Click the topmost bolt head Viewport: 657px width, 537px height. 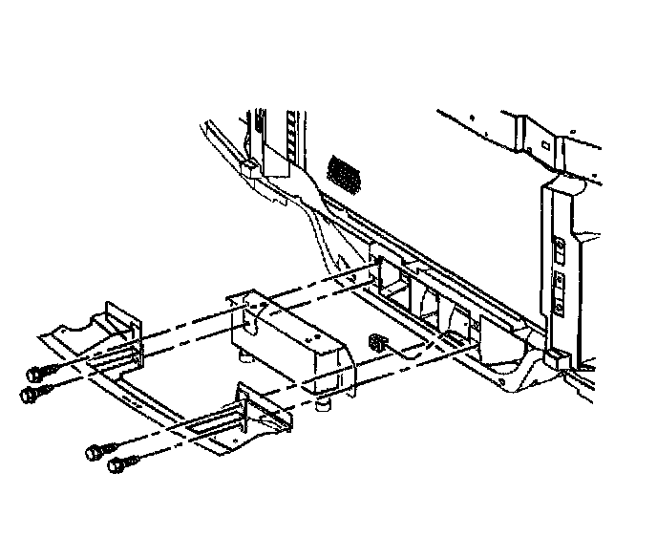pyautogui.click(x=37, y=373)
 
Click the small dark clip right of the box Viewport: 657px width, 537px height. pyautogui.click(x=377, y=340)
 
